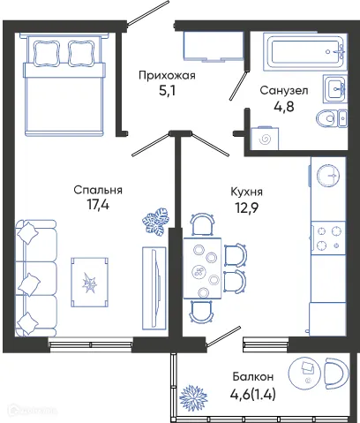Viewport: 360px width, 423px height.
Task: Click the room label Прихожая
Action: tap(167, 75)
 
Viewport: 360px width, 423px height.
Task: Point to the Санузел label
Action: tap(282, 90)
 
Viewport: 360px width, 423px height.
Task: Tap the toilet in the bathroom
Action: tap(335, 117)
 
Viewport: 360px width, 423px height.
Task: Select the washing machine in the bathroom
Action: tap(264, 138)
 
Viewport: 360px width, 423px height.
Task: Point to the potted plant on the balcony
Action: tap(191, 398)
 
